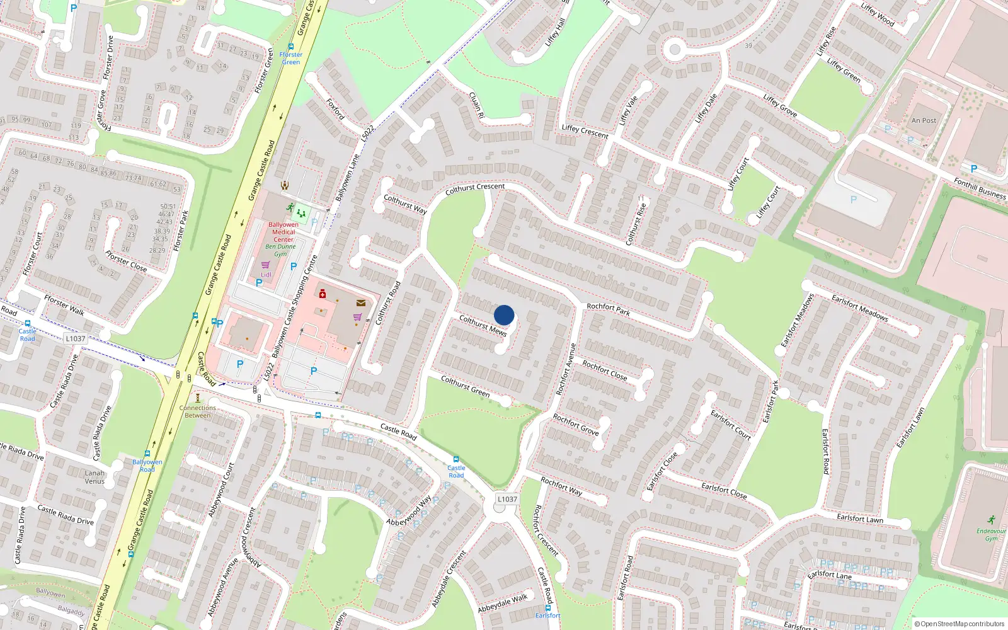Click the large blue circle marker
click(x=504, y=315)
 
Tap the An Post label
click(x=924, y=120)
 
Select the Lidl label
click(x=266, y=275)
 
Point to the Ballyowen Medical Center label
click(x=283, y=232)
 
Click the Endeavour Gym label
click(x=991, y=534)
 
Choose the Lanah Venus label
click(x=94, y=477)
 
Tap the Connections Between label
click(x=197, y=411)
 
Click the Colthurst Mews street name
click(x=483, y=326)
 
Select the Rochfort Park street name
click(x=608, y=309)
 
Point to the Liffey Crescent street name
click(x=585, y=131)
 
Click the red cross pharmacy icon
click(x=323, y=294)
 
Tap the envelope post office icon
click(x=360, y=303)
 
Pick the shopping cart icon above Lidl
click(x=265, y=265)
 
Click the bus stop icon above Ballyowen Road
click(x=147, y=453)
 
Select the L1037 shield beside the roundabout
click(x=507, y=499)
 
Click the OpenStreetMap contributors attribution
click(x=959, y=624)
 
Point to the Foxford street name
click(x=335, y=108)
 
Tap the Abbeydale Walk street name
click(x=502, y=603)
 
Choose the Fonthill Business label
click(x=980, y=188)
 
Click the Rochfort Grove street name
click(x=575, y=424)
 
